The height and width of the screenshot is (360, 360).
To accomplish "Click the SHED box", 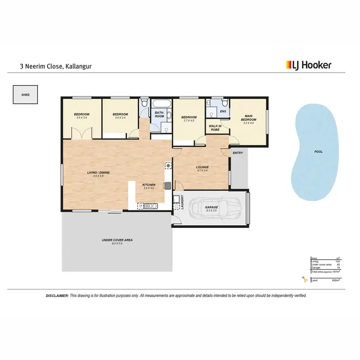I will click(25, 95).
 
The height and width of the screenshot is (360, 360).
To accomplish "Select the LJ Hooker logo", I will click(309, 64).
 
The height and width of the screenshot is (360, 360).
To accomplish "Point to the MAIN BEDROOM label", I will click(249, 118).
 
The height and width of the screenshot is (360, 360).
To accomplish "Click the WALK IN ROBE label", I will click(215, 128).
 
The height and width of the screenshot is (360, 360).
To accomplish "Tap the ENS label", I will click(223, 112).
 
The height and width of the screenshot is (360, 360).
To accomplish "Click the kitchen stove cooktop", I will click(168, 166).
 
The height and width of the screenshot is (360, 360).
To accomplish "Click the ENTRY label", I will click(238, 153).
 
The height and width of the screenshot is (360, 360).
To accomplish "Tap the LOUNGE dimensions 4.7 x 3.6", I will click(202, 170).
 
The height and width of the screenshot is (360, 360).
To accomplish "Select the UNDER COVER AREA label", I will click(117, 240).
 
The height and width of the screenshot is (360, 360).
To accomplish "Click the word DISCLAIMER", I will click(57, 296).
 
